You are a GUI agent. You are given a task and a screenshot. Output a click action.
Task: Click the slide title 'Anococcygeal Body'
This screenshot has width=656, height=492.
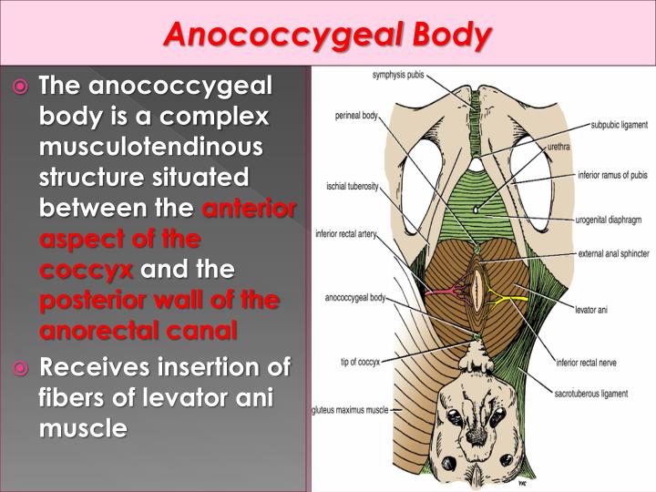point(328,34)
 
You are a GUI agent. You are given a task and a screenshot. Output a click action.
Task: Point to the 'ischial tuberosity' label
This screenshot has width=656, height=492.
point(353,187)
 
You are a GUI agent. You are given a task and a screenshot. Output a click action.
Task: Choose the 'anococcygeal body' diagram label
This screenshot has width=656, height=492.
point(356,298)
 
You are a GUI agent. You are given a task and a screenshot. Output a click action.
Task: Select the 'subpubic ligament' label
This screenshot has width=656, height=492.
point(620,124)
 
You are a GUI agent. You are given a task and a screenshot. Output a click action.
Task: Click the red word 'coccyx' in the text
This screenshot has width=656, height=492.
point(86,272)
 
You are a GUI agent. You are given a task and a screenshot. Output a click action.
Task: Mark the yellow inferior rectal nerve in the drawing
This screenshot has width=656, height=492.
point(504,293)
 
